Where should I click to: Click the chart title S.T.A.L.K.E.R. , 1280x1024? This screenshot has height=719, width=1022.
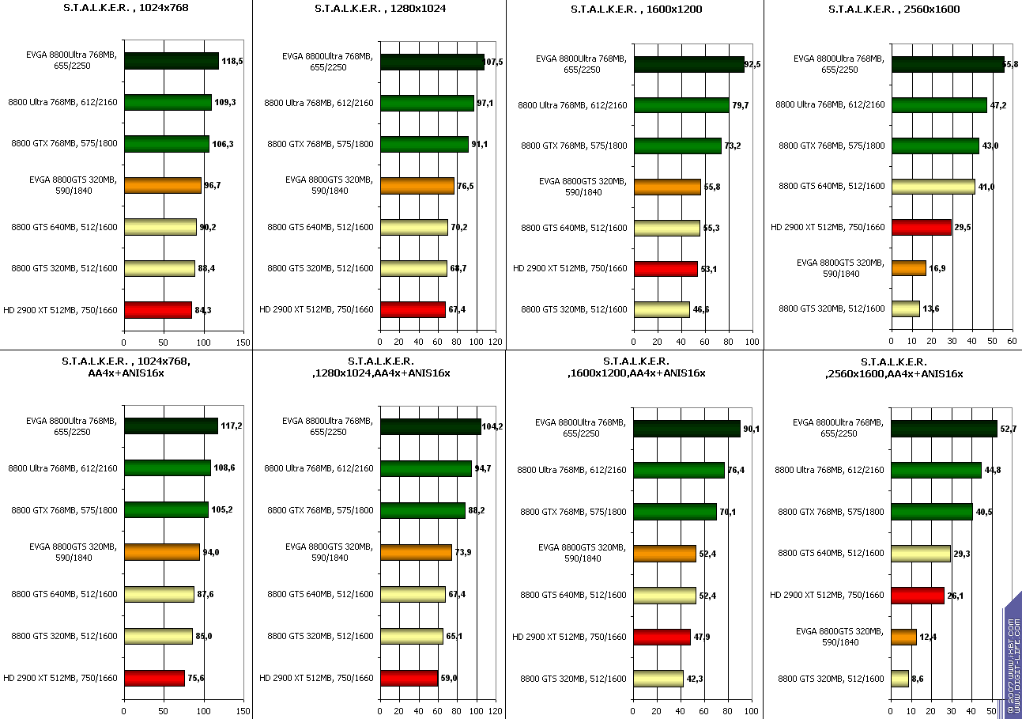click(x=379, y=9)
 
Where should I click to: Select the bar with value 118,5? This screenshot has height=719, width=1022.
click(x=171, y=61)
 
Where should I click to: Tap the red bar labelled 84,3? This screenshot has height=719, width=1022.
click(x=157, y=309)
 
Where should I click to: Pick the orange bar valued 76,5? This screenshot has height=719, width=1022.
click(x=417, y=186)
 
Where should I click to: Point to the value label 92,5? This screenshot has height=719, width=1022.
click(x=752, y=64)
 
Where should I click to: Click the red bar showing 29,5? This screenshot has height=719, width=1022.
click(x=921, y=227)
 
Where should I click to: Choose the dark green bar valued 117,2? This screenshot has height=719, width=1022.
click(x=171, y=426)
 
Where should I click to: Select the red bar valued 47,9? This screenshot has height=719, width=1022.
click(x=662, y=637)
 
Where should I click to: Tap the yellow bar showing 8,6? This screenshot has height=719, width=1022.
click(x=899, y=678)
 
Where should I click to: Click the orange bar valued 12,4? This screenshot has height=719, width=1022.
click(x=903, y=637)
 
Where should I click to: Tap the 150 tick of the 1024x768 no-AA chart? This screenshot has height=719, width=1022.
click(x=243, y=342)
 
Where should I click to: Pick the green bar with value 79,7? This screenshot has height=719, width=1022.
click(x=681, y=105)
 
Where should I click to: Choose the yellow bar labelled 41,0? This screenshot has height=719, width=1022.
click(x=933, y=186)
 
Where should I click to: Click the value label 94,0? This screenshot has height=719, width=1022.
click(x=210, y=552)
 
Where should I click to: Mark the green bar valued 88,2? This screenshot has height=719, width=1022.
click(x=422, y=511)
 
